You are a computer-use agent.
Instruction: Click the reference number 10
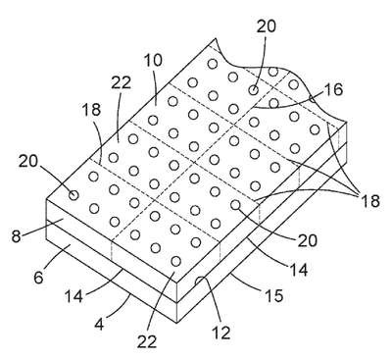click(x=153, y=61)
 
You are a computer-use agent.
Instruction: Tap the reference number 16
click(x=334, y=89)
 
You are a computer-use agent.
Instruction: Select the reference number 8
click(x=16, y=236)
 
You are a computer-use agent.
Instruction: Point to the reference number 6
click(x=38, y=278)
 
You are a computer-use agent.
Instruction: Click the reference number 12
click(x=221, y=333)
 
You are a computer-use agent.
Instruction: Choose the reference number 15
click(x=273, y=295)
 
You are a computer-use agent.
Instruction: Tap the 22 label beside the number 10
click(x=121, y=82)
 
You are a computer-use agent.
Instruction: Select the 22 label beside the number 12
click(x=147, y=341)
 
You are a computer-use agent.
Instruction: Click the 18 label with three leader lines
click(x=369, y=201)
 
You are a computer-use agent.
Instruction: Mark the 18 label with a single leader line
click(x=92, y=110)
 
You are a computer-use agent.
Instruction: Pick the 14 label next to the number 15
click(x=299, y=270)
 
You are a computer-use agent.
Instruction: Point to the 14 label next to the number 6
click(x=73, y=296)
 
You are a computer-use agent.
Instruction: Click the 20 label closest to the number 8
click(x=28, y=161)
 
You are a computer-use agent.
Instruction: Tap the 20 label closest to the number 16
click(x=267, y=26)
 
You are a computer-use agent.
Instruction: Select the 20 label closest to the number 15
click(x=307, y=240)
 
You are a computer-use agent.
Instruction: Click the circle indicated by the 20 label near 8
click(x=73, y=195)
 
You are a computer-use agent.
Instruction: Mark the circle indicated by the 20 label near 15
click(x=235, y=205)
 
